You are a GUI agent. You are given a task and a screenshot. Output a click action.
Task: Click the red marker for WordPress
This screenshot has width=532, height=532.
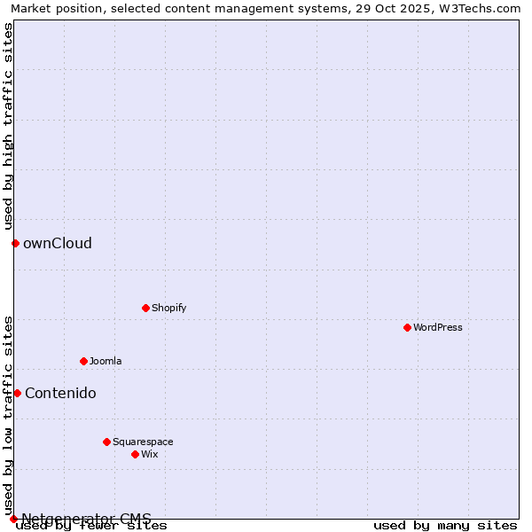click(x=407, y=327)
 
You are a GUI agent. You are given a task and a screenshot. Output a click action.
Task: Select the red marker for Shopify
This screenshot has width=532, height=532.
click(x=145, y=308)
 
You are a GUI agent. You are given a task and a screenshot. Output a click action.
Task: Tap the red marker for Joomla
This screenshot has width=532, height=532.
click(x=83, y=361)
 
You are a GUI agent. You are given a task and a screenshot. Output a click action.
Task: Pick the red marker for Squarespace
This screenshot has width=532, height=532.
click(x=106, y=442)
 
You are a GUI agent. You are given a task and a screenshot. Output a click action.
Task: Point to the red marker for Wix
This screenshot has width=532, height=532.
click(x=135, y=454)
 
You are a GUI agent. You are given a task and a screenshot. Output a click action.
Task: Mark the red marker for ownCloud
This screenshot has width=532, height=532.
click(x=15, y=243)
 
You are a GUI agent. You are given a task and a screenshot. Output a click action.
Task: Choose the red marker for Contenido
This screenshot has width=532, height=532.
click(x=17, y=393)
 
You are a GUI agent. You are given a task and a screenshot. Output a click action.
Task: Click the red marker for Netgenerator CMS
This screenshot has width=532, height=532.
click(x=13, y=519)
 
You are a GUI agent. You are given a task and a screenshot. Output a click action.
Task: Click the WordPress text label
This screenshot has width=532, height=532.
click(x=438, y=327)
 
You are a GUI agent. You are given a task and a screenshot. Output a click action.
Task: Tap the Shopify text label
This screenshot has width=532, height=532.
click(x=168, y=308)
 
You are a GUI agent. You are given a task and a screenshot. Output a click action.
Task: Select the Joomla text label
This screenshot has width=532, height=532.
click(x=106, y=361)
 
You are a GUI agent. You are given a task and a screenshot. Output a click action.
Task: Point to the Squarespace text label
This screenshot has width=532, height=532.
click(x=143, y=442)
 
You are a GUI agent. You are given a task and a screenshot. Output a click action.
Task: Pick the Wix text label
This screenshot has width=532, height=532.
click(x=149, y=454)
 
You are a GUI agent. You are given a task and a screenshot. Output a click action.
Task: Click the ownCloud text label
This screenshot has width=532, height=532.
click(x=58, y=243)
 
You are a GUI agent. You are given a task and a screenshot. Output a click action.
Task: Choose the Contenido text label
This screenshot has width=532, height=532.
click(x=60, y=393)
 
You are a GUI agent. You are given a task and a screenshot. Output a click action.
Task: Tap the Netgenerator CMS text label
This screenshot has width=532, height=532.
click(x=86, y=518)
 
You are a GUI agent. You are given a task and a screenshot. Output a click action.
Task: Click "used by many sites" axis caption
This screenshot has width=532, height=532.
click(x=445, y=525)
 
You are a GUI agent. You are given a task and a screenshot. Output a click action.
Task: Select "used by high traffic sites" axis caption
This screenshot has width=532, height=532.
click(x=8, y=126)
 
